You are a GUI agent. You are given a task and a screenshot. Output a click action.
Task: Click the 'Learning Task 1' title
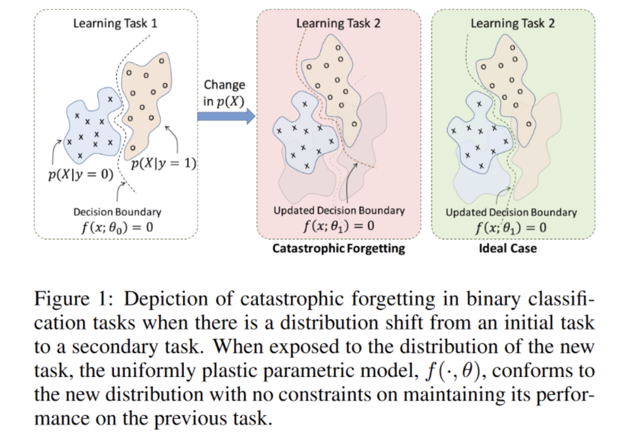point(115,24)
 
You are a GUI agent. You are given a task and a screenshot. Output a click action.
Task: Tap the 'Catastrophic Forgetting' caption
point(339,248)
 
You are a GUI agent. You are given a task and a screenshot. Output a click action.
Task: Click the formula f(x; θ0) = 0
point(117,227)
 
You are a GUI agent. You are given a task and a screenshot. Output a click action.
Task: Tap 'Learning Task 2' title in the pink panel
point(338,24)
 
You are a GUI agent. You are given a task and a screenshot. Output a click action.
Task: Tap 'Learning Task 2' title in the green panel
point(513,24)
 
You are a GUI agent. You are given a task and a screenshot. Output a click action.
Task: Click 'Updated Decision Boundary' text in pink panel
point(339,210)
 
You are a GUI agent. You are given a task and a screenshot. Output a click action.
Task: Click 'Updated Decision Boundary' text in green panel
point(511,212)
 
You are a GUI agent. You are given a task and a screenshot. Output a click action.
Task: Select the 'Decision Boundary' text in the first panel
point(117,212)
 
